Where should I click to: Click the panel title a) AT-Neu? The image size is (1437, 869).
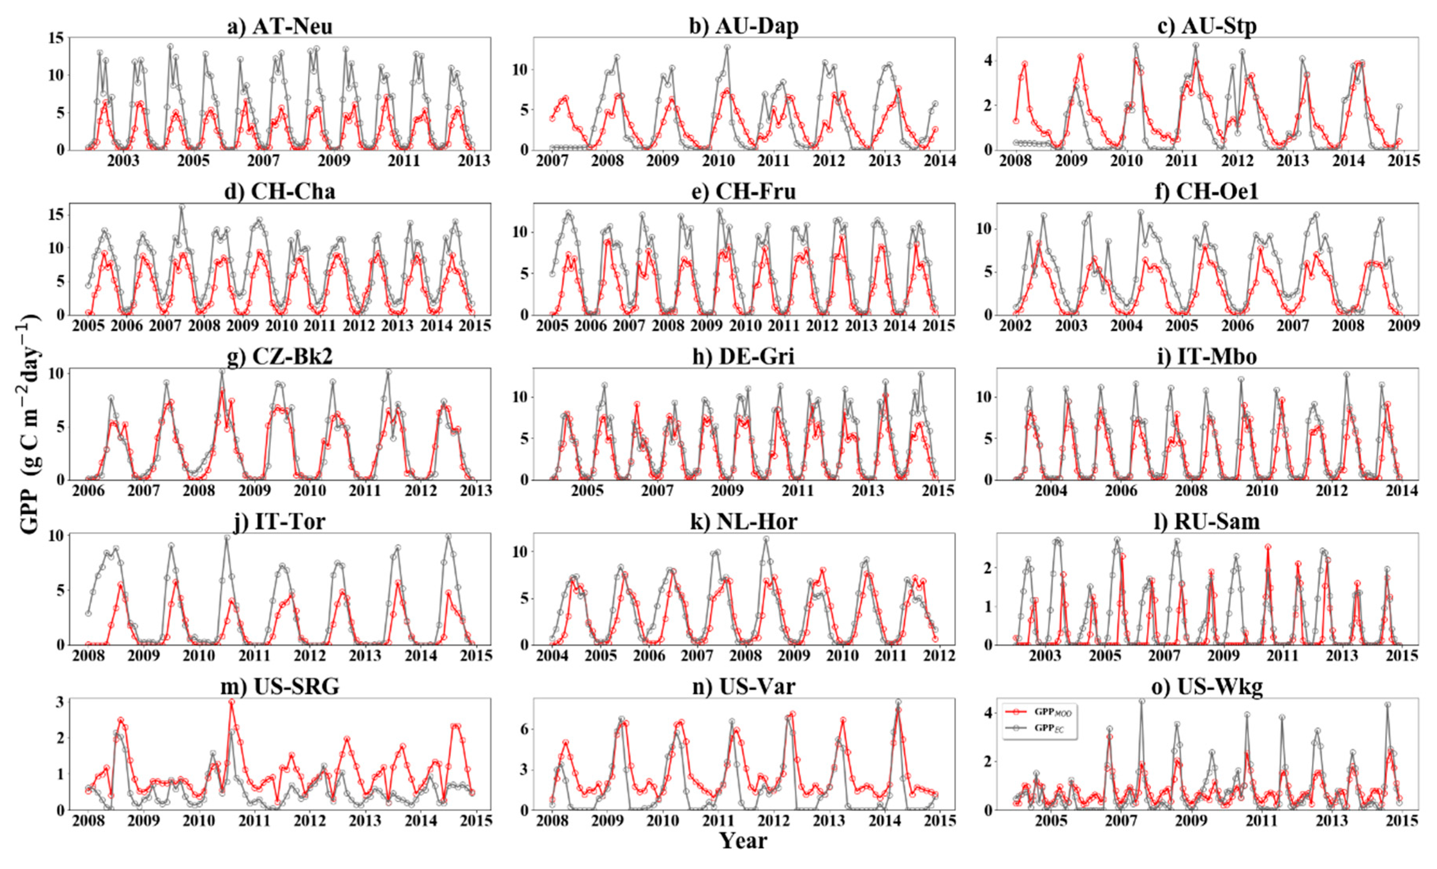[x=280, y=27]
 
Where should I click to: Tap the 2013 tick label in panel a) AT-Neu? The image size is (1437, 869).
[x=473, y=161]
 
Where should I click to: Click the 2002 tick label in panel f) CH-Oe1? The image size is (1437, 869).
[x=1015, y=326]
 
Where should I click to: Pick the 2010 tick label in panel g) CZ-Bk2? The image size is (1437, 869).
[x=310, y=491]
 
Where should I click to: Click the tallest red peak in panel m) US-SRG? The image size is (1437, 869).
[x=232, y=703]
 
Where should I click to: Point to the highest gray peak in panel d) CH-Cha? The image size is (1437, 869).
[x=181, y=207]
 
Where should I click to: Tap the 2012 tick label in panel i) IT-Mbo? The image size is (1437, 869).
[x=1331, y=491]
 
